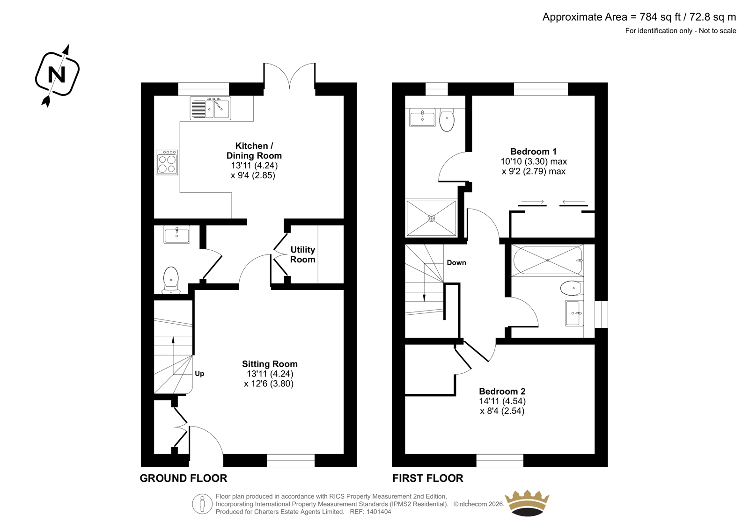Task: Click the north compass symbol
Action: pyautogui.click(x=57, y=75)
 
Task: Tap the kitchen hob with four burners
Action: pyautogui.click(x=167, y=162)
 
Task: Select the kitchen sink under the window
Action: pyautogui.click(x=210, y=108)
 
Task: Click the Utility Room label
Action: pyautogui.click(x=302, y=254)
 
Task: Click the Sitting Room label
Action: pyautogui.click(x=270, y=364)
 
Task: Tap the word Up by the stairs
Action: pyautogui.click(x=199, y=374)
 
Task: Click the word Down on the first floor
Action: pyautogui.click(x=456, y=263)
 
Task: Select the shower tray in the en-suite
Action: pyautogui.click(x=431, y=218)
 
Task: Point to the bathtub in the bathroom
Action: pyautogui.click(x=548, y=261)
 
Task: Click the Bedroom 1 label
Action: pyautogui.click(x=533, y=152)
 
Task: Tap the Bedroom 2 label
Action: pyautogui.click(x=502, y=391)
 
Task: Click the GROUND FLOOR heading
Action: pyautogui.click(x=183, y=478)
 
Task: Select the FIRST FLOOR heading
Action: pyautogui.click(x=428, y=478)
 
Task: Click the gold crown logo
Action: pyautogui.click(x=527, y=503)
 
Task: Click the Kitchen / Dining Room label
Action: pyautogui.click(x=254, y=151)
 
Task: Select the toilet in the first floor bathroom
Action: pyautogui.click(x=572, y=288)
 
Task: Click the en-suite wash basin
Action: pyautogui.click(x=422, y=117)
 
